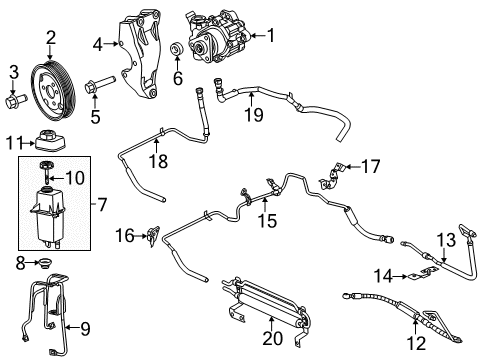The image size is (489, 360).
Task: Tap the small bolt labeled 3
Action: (x=15, y=100)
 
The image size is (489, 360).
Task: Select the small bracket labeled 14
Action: (x=412, y=275)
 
